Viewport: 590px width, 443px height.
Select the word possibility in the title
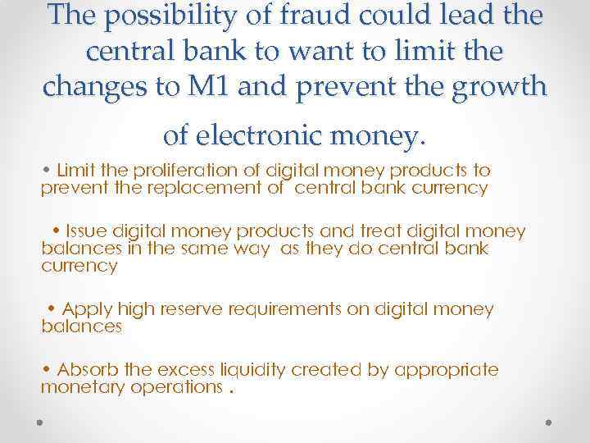click(161, 18)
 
